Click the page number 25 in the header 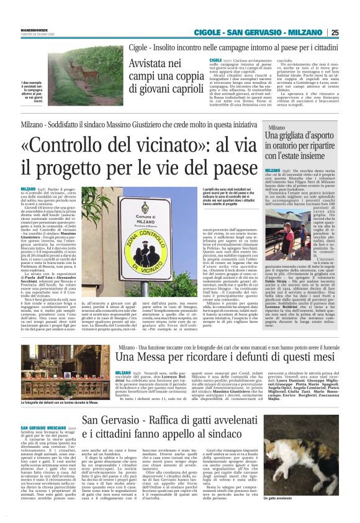pyautogui.click(x=352, y=33)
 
